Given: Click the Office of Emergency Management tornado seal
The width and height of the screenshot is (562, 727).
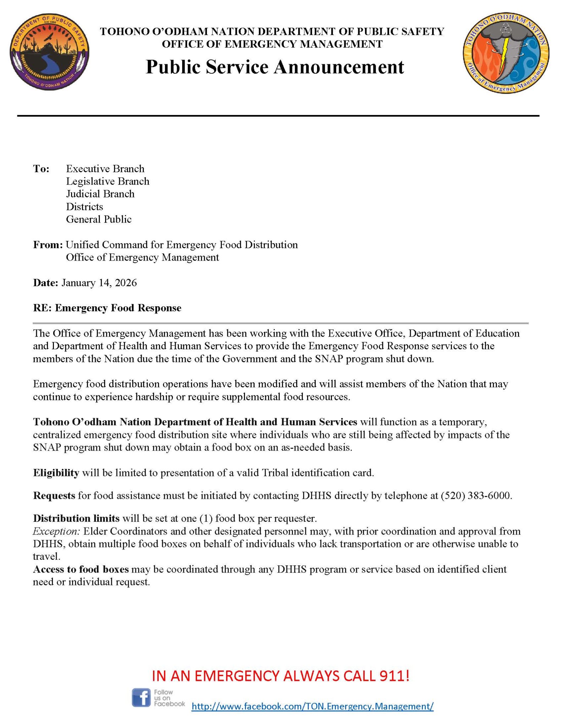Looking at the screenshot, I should pos(506,52).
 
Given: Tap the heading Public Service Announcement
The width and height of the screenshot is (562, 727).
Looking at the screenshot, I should pos(275,67).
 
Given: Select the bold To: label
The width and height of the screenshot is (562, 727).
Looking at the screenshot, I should pos(41,169).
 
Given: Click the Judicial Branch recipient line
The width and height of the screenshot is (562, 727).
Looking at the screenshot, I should pos(100,194).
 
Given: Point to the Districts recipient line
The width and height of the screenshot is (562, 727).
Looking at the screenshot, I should pos(84,207).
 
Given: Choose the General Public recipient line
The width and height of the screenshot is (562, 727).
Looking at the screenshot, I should pos(99,219).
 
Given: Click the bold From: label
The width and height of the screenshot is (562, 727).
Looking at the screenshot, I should pos(48,245).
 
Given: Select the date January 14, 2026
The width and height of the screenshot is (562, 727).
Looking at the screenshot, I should pos(99,283).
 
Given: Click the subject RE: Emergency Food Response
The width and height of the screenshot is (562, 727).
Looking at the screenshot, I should pos(107,308).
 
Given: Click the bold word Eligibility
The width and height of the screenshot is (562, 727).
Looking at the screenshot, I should pos(56,473).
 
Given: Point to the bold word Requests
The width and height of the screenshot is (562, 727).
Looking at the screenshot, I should pos(54,496).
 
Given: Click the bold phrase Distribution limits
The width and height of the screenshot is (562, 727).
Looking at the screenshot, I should pos(76,519).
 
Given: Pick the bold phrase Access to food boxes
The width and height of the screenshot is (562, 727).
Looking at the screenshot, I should pos(81,569).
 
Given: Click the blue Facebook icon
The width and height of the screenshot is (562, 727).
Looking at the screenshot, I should pos(141,698).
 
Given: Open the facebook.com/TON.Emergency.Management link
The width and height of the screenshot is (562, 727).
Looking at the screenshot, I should pos(312,706).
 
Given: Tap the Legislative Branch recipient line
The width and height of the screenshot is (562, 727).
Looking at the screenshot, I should pos(108,181).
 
